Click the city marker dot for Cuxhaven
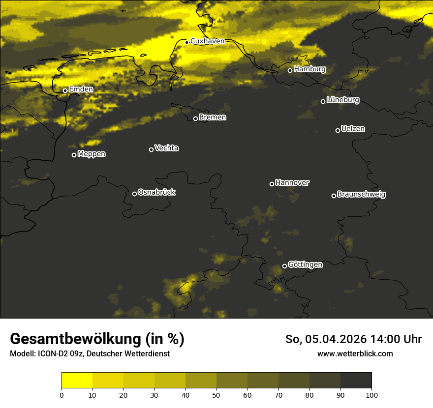pos(186,42)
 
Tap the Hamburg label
pos(309,69)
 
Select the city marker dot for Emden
pos(65,90)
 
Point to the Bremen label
pos(213,117)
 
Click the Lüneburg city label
pos(343,100)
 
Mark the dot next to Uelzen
pos(338,130)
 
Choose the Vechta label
pos(166,148)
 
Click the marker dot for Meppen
pos(74,155)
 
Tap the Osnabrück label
pos(156,192)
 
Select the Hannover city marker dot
pos(272,184)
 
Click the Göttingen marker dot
pos(284,266)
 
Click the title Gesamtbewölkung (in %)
pos(97,339)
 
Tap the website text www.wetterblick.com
pos(355,353)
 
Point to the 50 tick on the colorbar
pos(216,395)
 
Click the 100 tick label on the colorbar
pos(371,395)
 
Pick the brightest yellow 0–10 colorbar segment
pos(77,380)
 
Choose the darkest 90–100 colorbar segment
pos(356,380)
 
